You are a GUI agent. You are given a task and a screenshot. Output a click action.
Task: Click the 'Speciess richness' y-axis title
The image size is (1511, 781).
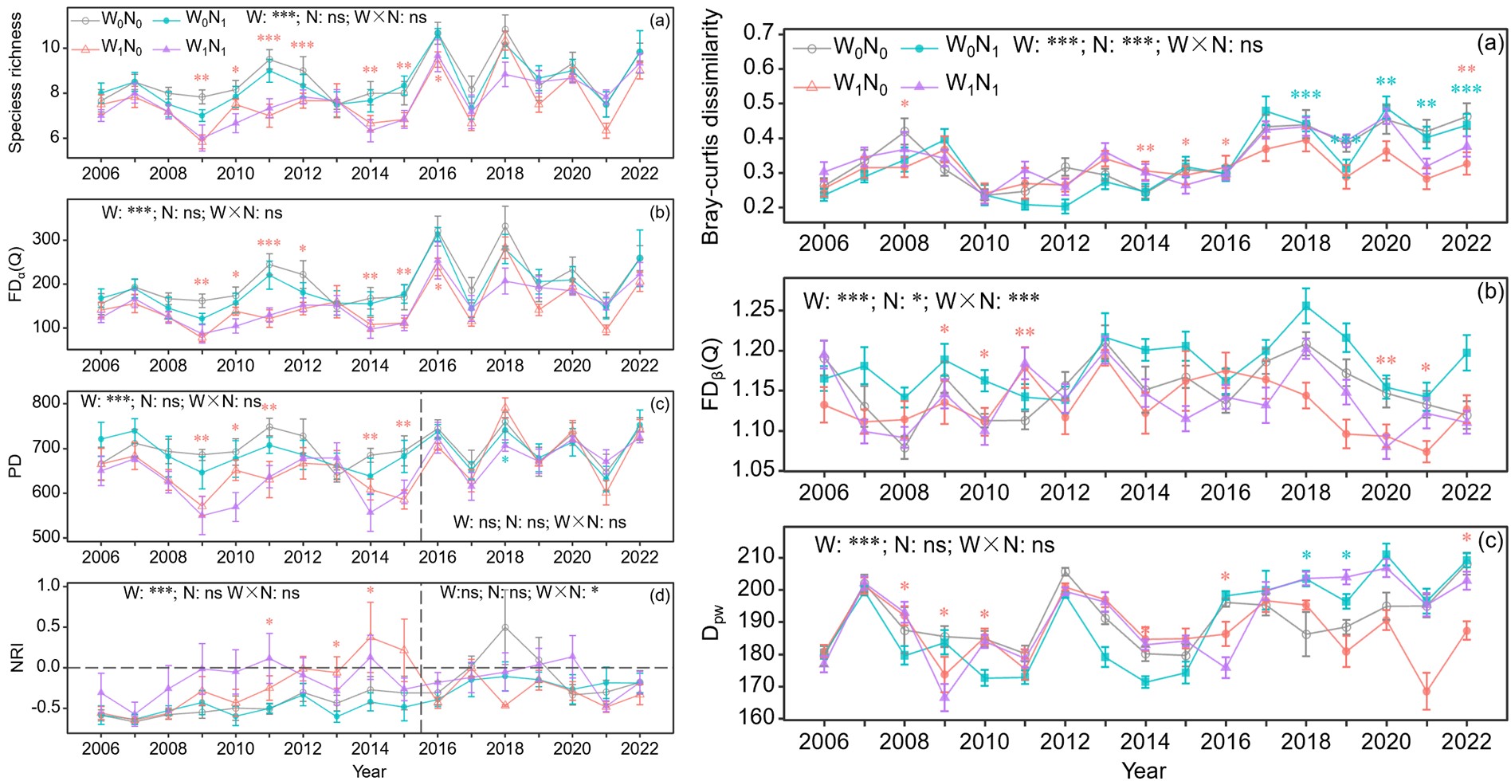[x=15, y=83]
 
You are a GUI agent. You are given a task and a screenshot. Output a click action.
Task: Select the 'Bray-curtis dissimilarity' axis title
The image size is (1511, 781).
[x=711, y=128]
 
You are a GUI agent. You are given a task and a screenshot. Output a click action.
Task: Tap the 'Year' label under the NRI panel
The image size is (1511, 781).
[x=369, y=771]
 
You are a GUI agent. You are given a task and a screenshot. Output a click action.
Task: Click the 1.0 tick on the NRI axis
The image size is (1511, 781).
[x=49, y=586]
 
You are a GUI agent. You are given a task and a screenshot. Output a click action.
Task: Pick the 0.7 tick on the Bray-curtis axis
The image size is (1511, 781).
[x=758, y=33]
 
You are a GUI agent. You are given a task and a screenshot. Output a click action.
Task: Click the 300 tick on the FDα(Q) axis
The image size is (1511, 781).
[x=46, y=240]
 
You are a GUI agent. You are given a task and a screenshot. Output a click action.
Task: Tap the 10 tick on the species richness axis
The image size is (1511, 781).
[x=50, y=47]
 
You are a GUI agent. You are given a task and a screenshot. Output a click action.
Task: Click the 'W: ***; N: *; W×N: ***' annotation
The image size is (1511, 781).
[x=920, y=300]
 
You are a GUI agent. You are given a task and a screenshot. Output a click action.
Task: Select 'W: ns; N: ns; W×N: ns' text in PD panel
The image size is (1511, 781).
[x=540, y=522]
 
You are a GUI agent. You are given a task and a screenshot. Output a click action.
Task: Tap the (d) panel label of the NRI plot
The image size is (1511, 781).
[x=660, y=595]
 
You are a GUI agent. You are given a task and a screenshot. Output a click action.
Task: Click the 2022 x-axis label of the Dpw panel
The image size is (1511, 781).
[x=1466, y=741]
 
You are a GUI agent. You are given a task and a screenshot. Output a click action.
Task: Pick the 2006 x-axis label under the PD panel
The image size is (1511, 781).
[x=100, y=556]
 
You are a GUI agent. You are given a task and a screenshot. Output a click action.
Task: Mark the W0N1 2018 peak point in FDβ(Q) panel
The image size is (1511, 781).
[x=1306, y=306]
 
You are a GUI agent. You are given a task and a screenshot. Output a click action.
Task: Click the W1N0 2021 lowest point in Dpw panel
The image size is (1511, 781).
[x=1427, y=692]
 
